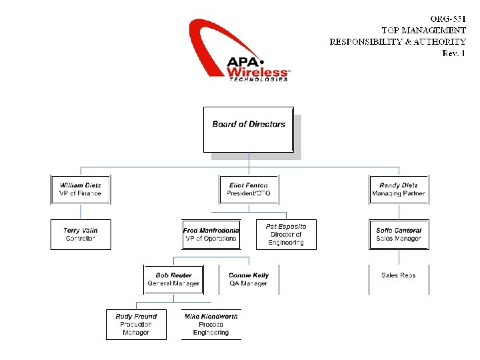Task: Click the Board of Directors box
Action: [248, 129]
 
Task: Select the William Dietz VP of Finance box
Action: [80, 189]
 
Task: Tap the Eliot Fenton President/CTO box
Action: [249, 189]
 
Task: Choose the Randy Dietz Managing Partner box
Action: [399, 189]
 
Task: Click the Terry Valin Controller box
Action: [80, 235]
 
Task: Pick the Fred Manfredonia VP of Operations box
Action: [210, 235]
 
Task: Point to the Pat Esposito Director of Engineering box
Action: [286, 235]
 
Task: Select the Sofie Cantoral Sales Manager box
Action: [399, 235]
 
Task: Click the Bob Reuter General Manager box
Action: [173, 279]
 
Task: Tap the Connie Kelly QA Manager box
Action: [249, 279]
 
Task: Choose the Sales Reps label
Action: [399, 275]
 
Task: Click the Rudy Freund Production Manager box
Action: [136, 324]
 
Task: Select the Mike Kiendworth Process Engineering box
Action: [211, 324]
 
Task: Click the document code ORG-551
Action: [447, 18]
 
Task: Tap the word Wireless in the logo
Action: [257, 71]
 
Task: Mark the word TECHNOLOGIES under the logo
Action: [259, 79]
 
